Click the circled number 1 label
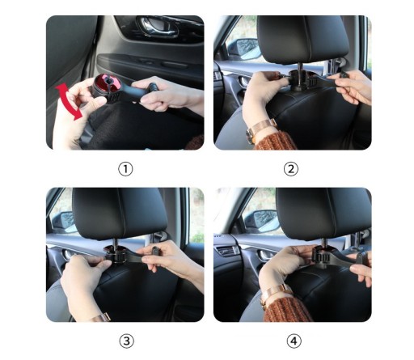coord(125,169)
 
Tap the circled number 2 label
coord(291,169)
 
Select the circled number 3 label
coord(126,341)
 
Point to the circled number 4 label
coord(294,341)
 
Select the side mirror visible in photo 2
coord(244,49)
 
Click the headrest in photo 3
coord(120,213)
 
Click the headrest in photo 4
coord(323,213)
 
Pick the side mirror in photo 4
coord(262,221)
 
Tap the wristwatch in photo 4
coord(275,295)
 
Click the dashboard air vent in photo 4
coord(228,250)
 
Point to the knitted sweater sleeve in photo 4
coord(288,309)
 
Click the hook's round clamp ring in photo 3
coord(116,253)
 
